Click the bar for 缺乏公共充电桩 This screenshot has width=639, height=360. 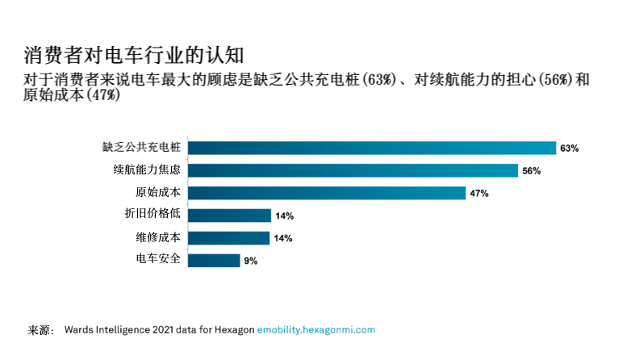[x=371, y=148]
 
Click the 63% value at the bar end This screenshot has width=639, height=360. [x=570, y=149]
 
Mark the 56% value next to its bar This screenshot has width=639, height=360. [x=531, y=171]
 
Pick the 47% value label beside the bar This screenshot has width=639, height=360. [x=479, y=194]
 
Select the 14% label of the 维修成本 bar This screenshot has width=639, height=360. [x=283, y=239]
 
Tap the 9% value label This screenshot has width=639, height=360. [x=250, y=262]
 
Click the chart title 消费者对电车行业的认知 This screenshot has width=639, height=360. [x=133, y=55]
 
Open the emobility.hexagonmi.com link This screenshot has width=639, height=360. [x=316, y=330]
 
